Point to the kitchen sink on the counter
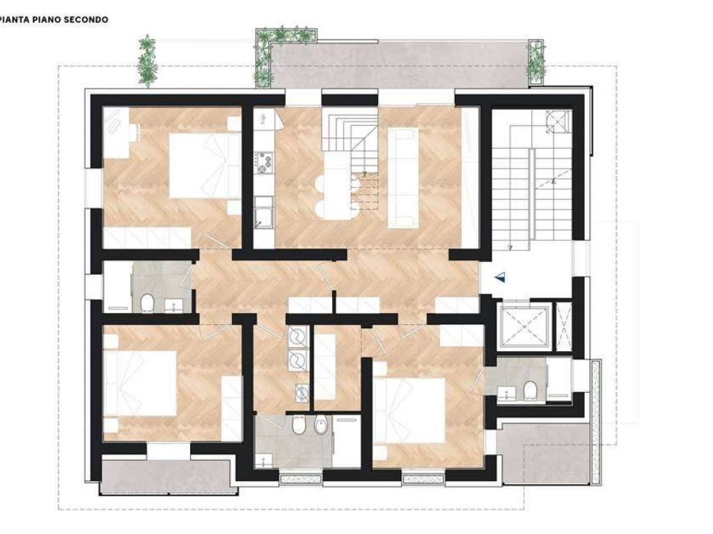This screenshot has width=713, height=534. click(x=263, y=218)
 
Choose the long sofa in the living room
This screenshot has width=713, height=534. click(x=403, y=177)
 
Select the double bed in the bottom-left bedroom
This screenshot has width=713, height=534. click(x=139, y=383)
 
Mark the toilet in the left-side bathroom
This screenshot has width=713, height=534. click(x=147, y=303)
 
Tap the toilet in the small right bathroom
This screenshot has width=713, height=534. click(x=530, y=390)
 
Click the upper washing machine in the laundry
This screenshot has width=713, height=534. click(x=297, y=337)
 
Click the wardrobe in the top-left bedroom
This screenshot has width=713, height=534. click(x=147, y=238)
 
